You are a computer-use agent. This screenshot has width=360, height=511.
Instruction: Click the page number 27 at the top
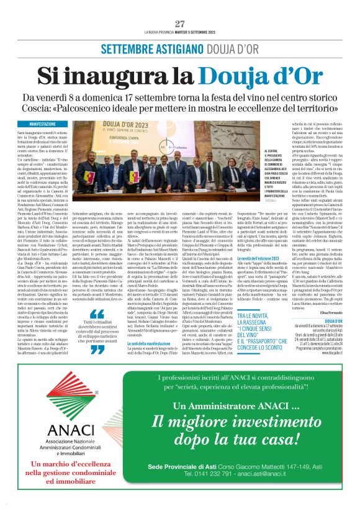[180, 23]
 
